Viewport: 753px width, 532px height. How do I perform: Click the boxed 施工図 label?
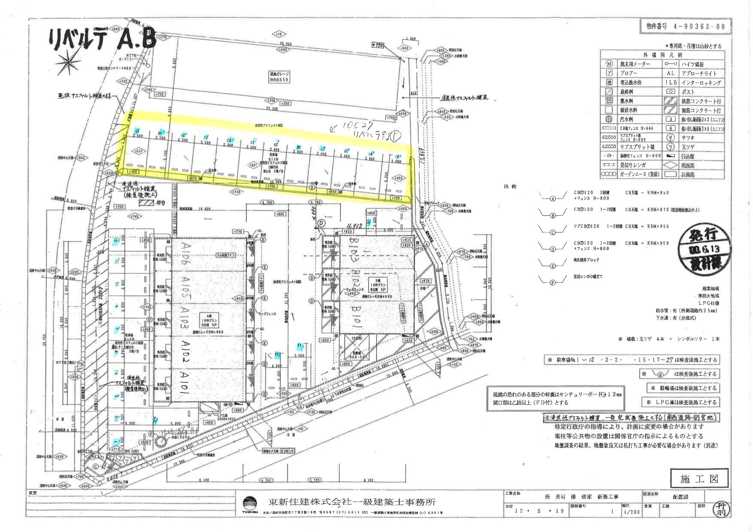click(x=699, y=479)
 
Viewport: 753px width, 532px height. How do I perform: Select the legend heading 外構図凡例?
click(x=662, y=55)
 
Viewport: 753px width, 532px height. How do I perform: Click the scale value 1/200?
click(x=632, y=512)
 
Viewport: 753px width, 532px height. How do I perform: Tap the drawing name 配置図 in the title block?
click(x=680, y=497)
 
